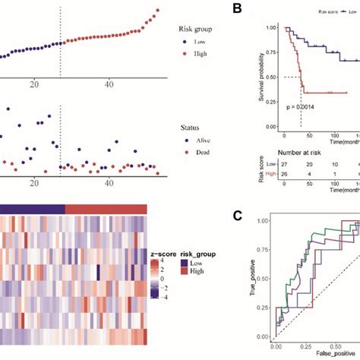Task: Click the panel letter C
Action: [x=238, y=216]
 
